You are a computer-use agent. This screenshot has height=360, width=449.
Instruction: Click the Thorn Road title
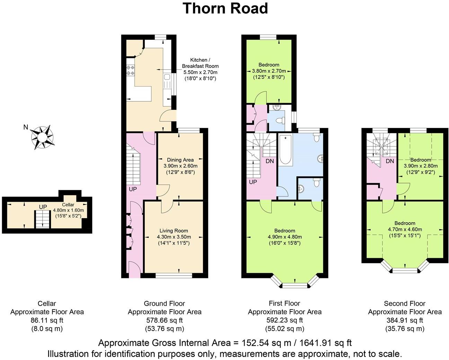tap(225, 8)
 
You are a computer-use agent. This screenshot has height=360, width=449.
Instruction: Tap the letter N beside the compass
tap(25, 127)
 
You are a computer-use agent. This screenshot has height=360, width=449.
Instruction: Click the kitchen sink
tap(166, 81)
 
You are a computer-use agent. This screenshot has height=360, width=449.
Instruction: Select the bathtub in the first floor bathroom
tap(285, 150)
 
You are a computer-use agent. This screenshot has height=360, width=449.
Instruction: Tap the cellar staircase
tap(41, 220)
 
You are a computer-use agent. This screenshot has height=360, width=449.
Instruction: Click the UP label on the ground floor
tap(133, 189)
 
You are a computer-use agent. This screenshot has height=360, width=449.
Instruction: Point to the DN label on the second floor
tap(390, 161)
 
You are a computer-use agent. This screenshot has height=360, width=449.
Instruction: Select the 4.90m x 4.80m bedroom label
tap(285, 237)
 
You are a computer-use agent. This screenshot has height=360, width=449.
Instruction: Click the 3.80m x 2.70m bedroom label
tap(268, 71)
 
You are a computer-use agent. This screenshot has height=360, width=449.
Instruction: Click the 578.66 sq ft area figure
tap(165, 320)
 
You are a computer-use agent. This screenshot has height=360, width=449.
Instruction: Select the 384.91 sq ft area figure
tap(405, 320)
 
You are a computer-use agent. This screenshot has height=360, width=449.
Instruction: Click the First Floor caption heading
tap(284, 304)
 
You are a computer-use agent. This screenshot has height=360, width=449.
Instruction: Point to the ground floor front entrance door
tap(134, 270)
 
